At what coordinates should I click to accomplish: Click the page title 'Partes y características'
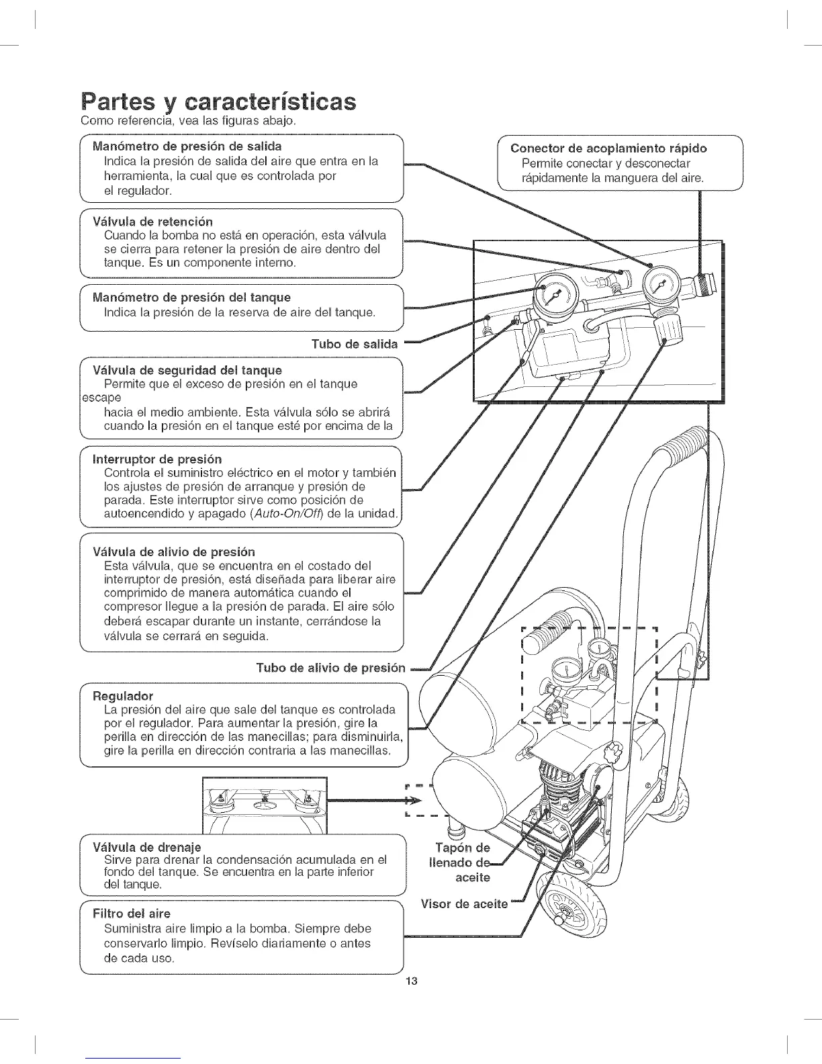click(x=217, y=102)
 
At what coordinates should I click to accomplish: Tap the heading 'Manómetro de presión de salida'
click(x=187, y=146)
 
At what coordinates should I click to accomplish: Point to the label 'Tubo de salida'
click(x=355, y=345)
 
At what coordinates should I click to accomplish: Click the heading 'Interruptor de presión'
click(x=157, y=459)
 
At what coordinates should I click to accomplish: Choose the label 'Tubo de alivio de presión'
click(x=331, y=668)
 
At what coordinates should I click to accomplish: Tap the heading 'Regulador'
click(x=123, y=695)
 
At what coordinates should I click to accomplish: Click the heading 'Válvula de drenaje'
click(x=147, y=846)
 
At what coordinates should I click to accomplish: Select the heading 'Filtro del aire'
click(x=132, y=914)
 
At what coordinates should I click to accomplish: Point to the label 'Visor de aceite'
click(x=464, y=903)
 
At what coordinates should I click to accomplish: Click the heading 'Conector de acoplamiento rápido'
click(x=608, y=148)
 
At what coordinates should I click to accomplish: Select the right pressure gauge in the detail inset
click(x=661, y=285)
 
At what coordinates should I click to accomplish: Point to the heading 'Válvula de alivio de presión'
click(x=174, y=551)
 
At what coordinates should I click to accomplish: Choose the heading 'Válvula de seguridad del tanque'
click(x=187, y=370)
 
